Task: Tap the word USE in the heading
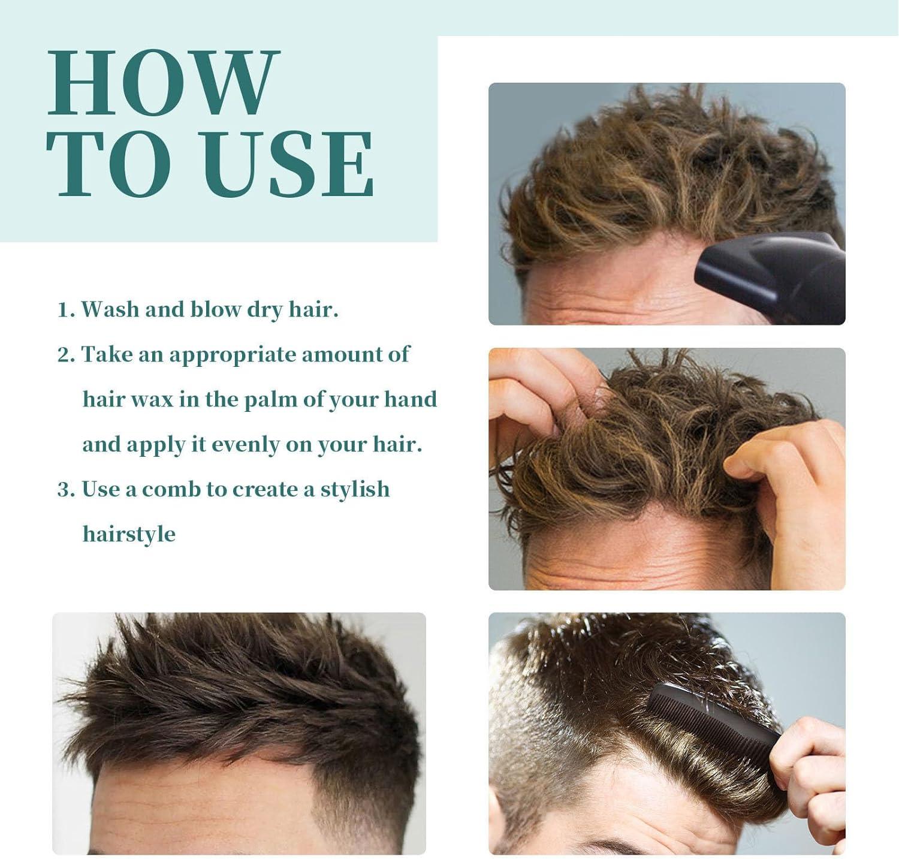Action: pyautogui.click(x=292, y=164)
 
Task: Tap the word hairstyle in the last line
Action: pyautogui.click(x=129, y=534)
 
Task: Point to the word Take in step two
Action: pyautogui.click(x=106, y=355)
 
